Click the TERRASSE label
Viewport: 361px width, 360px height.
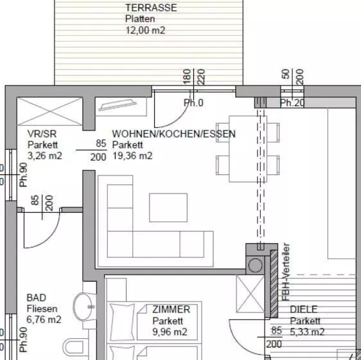151,8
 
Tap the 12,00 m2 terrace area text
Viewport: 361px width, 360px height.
145,30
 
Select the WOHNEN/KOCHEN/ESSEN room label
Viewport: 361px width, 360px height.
174,134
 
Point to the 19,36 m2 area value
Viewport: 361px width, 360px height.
132,156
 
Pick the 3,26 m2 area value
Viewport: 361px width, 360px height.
45,156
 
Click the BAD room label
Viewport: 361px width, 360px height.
36,298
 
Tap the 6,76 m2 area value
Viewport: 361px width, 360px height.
44,319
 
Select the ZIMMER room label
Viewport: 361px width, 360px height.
171,309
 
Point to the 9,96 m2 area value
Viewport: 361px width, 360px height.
170,332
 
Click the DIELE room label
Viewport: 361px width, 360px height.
304,309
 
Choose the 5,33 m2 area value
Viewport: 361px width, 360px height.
307,332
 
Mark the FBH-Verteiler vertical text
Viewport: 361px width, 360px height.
286,273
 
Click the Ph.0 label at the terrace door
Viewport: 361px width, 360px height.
193,103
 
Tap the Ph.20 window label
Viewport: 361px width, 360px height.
292,103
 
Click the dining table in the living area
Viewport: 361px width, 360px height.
247,148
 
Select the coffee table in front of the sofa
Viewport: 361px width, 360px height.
168,207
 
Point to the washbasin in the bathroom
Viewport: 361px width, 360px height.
84,307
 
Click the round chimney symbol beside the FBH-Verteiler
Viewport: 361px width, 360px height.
256,264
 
